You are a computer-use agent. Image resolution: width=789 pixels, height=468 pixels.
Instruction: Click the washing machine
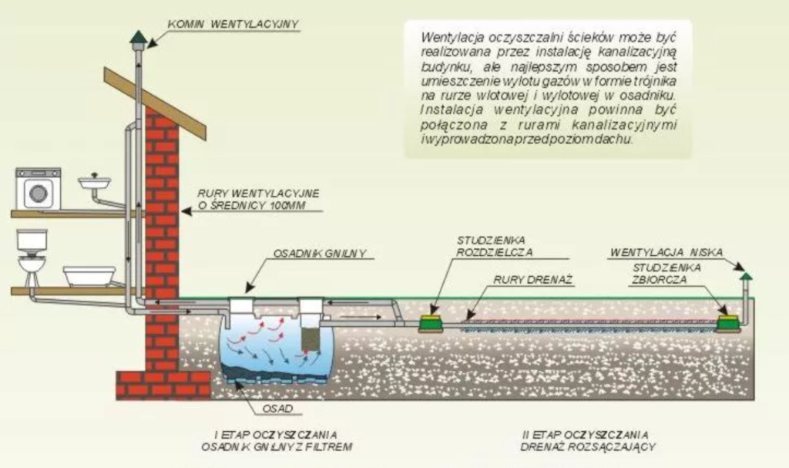(x=39, y=188)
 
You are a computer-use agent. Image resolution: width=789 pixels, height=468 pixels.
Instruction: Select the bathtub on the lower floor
(x=89, y=276)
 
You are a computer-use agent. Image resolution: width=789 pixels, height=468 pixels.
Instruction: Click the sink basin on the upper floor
(x=94, y=182)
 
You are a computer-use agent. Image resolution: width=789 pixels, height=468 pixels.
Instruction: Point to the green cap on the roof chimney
(x=138, y=37)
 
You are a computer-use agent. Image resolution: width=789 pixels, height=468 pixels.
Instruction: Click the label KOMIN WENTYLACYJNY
(x=233, y=24)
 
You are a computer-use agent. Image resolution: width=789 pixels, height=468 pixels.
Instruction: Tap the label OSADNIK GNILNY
(x=320, y=254)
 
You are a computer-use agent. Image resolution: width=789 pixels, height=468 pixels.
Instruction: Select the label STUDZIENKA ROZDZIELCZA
(x=494, y=247)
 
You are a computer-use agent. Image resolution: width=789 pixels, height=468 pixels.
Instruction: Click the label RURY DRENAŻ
(x=533, y=280)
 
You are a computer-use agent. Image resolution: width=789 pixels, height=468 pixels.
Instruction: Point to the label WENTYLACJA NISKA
(x=666, y=252)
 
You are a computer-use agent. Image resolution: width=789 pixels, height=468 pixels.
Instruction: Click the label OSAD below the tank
(x=277, y=409)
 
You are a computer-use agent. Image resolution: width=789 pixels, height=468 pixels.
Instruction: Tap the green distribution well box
(x=431, y=323)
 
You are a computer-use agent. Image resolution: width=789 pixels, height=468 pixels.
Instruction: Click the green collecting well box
(x=728, y=323)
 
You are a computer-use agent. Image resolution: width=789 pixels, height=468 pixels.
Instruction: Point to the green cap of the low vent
(x=746, y=276)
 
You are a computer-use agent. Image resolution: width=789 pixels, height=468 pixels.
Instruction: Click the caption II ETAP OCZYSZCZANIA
(x=586, y=435)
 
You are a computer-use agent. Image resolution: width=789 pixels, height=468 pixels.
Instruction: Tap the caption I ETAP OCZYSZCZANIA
(x=276, y=435)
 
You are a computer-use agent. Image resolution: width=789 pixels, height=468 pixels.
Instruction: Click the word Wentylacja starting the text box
(x=452, y=38)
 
